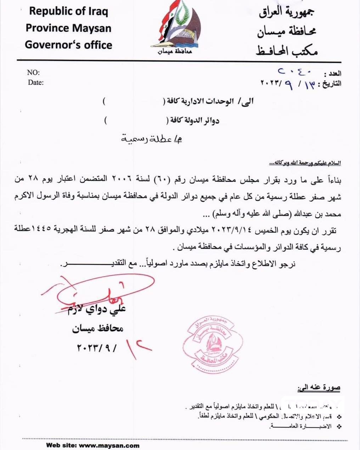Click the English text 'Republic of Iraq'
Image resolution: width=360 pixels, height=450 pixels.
coord(68,11)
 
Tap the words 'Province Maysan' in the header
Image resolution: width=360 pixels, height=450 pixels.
coord(68,28)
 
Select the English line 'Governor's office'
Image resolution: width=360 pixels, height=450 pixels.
coord(68,45)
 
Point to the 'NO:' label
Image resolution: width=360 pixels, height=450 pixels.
coord(33,73)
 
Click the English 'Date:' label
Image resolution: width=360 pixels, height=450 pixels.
coord(36,83)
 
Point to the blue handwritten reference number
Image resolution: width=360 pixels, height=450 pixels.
coord(294,72)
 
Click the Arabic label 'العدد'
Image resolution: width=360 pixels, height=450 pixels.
coord(335,74)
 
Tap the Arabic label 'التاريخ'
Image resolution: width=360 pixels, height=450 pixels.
coord(332,84)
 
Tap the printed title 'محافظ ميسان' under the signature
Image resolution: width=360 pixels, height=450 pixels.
coord(98,329)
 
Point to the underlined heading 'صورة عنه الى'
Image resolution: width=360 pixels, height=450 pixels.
coord(319,388)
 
